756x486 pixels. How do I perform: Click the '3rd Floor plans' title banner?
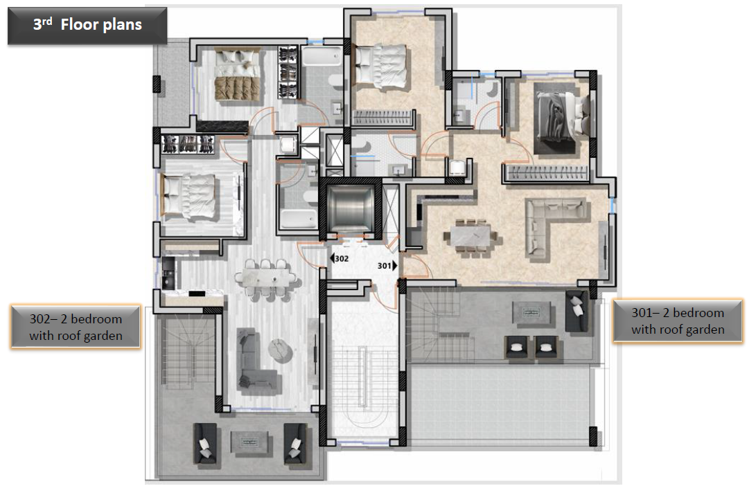click(x=87, y=26)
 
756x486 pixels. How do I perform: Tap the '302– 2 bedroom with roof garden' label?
click(x=76, y=327)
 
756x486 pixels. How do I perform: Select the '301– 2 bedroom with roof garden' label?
click(x=678, y=321)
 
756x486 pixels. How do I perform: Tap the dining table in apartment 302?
click(x=265, y=278)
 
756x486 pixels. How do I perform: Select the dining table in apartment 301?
click(x=470, y=236)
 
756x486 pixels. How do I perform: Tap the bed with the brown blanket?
click(x=237, y=75)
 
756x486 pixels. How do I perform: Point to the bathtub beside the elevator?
click(x=299, y=218)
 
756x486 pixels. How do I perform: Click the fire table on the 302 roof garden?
click(x=249, y=442)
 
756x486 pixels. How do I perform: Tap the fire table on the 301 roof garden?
click(x=531, y=313)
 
